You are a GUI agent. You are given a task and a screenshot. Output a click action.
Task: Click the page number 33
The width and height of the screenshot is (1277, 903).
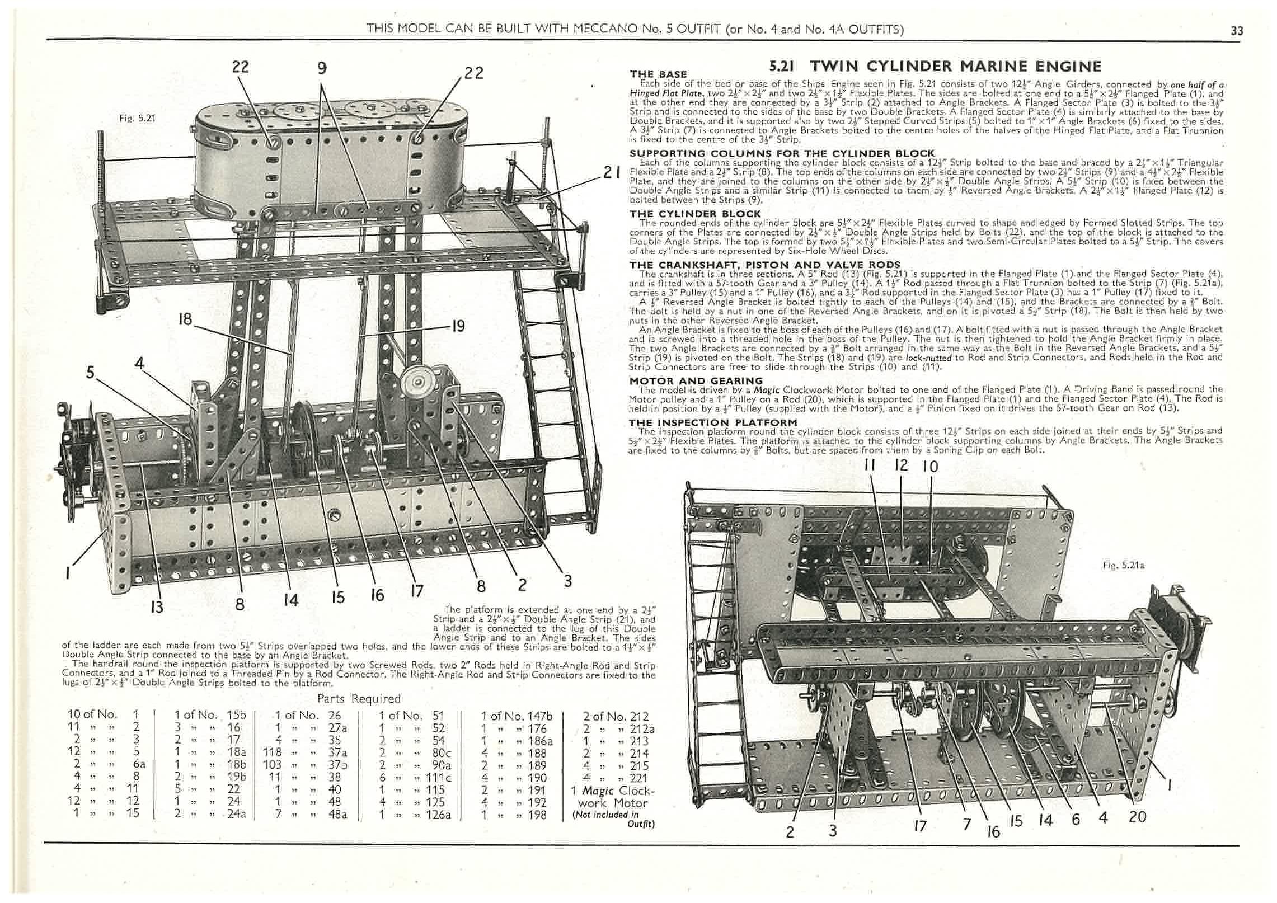point(1236,31)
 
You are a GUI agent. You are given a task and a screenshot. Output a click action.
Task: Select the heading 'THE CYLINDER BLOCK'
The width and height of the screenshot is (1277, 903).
point(695,214)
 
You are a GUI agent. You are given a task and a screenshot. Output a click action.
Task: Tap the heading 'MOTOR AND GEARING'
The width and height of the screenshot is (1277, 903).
point(696,381)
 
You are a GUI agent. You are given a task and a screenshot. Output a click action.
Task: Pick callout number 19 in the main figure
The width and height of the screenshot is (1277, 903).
point(457,326)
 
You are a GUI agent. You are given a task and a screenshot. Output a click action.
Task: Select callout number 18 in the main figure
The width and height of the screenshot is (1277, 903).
point(185,319)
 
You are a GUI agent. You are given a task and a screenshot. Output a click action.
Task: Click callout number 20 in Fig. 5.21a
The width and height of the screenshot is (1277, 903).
point(1137,817)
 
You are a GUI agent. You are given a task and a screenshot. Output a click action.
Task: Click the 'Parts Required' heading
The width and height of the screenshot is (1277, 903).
point(359,698)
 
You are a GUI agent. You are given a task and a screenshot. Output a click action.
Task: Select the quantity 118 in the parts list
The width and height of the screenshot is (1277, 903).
point(272,753)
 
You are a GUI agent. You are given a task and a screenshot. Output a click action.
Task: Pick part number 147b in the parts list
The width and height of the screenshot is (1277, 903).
point(539,717)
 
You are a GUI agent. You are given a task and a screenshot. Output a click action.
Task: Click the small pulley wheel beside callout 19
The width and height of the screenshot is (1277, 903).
point(418,380)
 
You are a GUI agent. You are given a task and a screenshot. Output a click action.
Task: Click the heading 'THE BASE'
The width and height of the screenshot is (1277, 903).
point(658,74)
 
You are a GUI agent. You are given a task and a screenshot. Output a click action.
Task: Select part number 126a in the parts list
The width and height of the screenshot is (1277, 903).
point(438,815)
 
